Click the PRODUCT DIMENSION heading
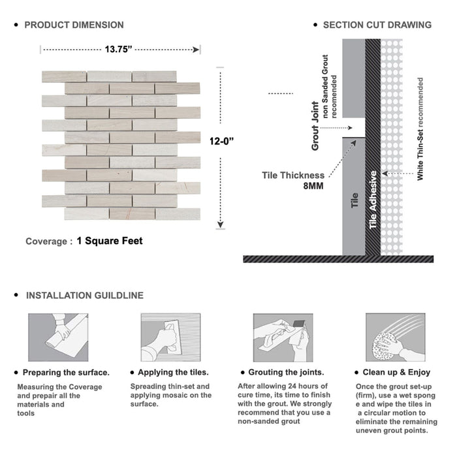click(x=74, y=25)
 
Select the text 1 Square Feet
click(x=109, y=241)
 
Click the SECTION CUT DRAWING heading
click(x=377, y=25)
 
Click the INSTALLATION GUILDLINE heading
click(x=84, y=295)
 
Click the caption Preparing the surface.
click(x=66, y=372)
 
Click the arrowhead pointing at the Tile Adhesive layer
click(x=384, y=174)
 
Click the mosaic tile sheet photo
click(x=121, y=145)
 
